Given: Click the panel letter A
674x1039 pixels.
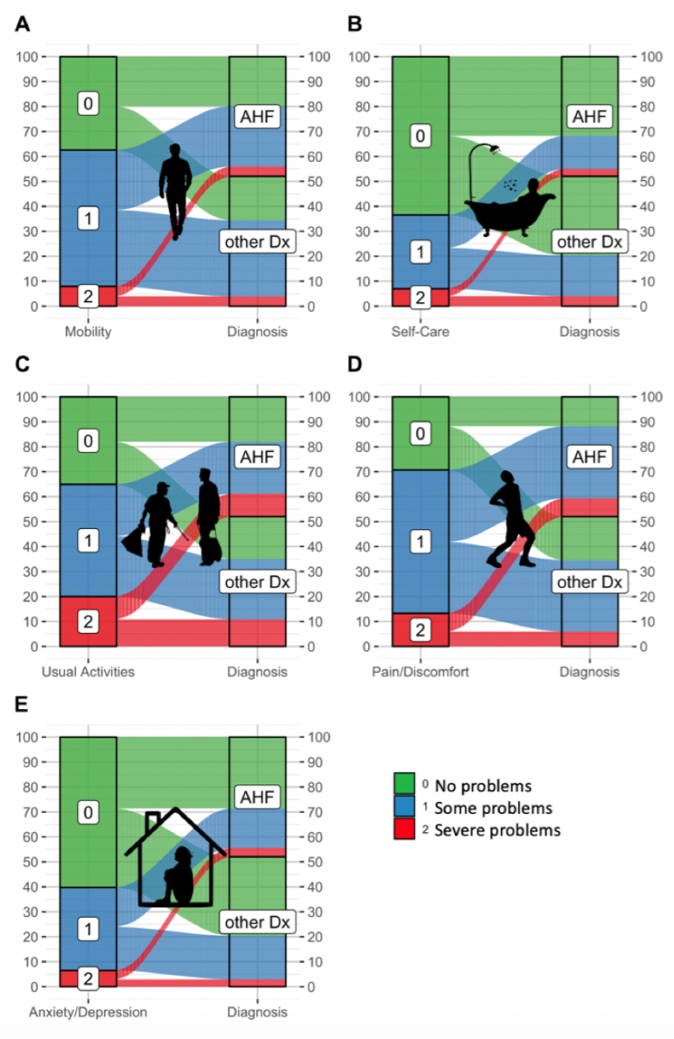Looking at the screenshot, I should (23, 24).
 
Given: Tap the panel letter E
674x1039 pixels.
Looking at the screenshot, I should (23, 704).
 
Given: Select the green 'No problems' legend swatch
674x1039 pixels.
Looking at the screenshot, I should (405, 786).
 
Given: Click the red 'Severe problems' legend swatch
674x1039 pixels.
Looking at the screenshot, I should (405, 830).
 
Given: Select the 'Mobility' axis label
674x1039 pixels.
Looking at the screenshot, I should (88, 332).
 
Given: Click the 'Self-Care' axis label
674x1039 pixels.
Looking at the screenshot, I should (420, 332).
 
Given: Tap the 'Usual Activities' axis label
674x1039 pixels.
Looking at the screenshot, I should (88, 672).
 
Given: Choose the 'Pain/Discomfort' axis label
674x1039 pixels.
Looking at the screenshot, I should (420, 672).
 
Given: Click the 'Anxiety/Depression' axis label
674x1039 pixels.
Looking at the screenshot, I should (88, 1012).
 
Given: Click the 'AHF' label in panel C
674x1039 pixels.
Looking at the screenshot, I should (257, 457).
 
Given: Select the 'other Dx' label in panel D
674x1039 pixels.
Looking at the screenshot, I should (589, 582).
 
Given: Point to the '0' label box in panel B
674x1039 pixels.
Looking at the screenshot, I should (420, 136).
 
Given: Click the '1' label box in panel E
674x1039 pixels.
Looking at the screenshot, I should (87, 930).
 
